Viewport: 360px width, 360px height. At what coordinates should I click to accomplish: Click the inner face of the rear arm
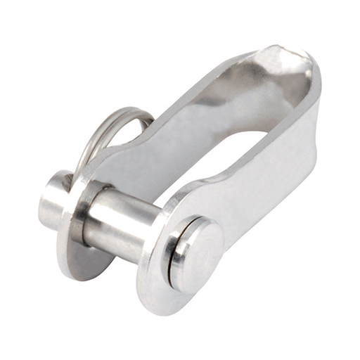[x=176, y=123]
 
